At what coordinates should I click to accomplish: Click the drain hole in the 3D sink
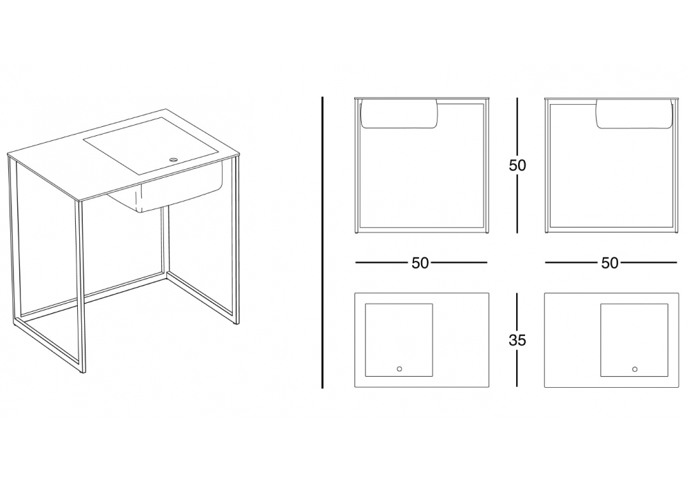pyautogui.click(x=174, y=159)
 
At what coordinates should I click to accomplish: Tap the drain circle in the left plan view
pyautogui.click(x=399, y=368)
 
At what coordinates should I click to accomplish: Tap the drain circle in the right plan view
pyautogui.click(x=635, y=369)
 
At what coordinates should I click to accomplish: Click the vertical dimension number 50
pyautogui.click(x=517, y=165)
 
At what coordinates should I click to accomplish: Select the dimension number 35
pyautogui.click(x=517, y=340)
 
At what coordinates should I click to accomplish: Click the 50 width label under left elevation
pyautogui.click(x=420, y=263)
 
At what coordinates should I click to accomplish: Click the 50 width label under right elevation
pyautogui.click(x=610, y=263)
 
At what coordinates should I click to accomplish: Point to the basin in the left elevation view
pyautogui.click(x=400, y=114)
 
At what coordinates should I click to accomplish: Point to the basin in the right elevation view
pyautogui.click(x=634, y=115)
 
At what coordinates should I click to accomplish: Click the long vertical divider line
pyautogui.click(x=322, y=242)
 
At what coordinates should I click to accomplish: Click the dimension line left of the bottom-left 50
pyautogui.click(x=382, y=263)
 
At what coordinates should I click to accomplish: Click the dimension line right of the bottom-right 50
pyautogui.click(x=648, y=263)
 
